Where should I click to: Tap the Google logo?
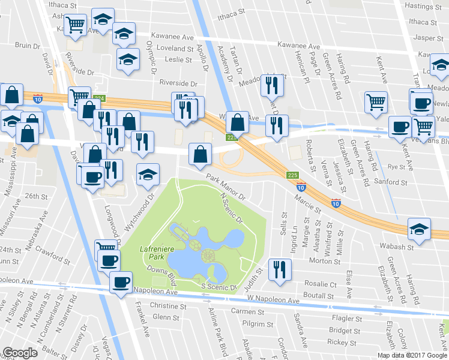[x=20, y=353]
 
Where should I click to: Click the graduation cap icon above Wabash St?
[x=419, y=229]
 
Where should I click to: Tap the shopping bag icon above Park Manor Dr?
[x=200, y=154]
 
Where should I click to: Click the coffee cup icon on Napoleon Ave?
[x=121, y=281]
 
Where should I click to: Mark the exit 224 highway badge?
[x=99, y=98]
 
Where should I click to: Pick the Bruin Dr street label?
[x=27, y=46]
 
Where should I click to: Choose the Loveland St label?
[x=174, y=49]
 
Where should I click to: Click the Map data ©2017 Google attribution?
[x=412, y=355]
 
